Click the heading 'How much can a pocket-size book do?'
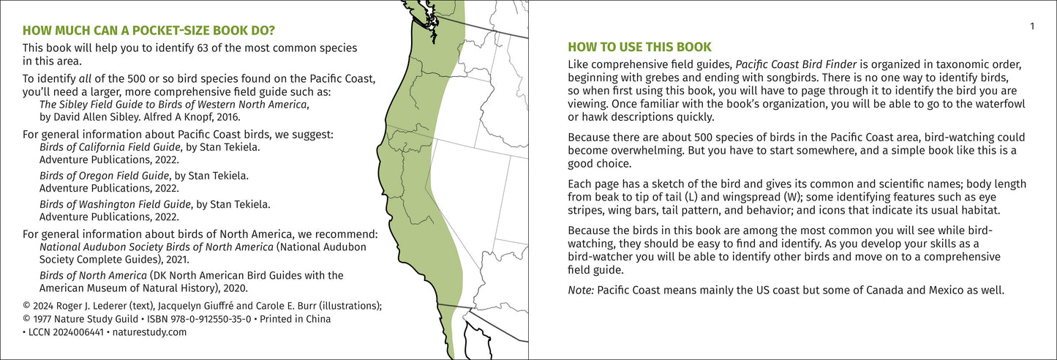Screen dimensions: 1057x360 pyautogui.click(x=148, y=31)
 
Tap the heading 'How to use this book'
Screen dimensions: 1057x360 pyautogui.click(x=639, y=47)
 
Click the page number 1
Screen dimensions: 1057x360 pyautogui.click(x=1032, y=26)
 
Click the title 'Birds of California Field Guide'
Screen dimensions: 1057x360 pyautogui.click(x=110, y=147)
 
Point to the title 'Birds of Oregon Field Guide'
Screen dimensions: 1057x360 pyautogui.click(x=105, y=176)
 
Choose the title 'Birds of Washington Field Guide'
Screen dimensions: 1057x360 pyautogui.click(x=115, y=205)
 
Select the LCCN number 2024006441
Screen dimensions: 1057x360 pyautogui.click(x=78, y=333)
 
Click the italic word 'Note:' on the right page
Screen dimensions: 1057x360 pyautogui.click(x=580, y=290)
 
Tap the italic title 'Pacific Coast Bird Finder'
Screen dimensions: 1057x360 pyautogui.click(x=796, y=64)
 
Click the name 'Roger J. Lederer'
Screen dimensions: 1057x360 pyautogui.click(x=90, y=306)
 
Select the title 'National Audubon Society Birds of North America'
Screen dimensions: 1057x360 pyautogui.click(x=157, y=247)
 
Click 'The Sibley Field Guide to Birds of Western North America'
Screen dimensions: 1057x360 pyautogui.click(x=173, y=105)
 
